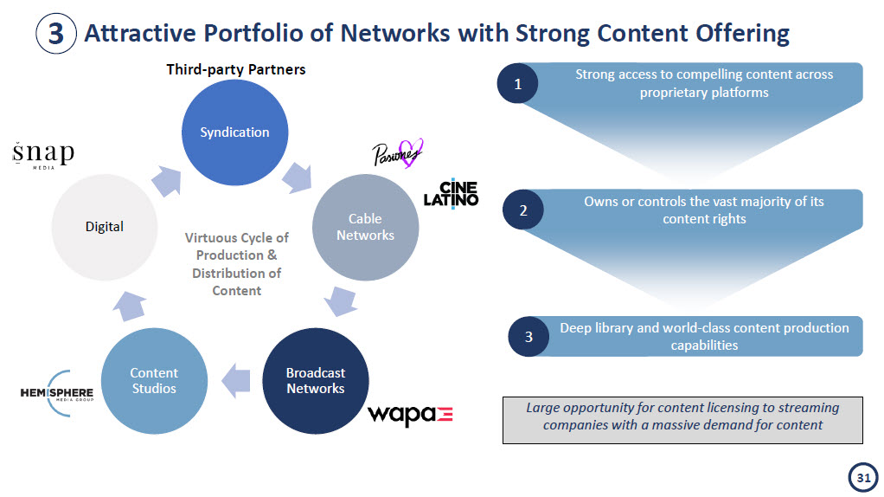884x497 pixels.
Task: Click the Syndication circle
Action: click(x=234, y=132)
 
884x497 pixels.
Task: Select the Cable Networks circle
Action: click(x=365, y=227)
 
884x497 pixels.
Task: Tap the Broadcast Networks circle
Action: click(x=315, y=381)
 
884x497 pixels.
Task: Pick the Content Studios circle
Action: click(x=154, y=381)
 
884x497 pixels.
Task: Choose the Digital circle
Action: click(x=104, y=227)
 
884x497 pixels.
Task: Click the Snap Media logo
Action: click(x=43, y=155)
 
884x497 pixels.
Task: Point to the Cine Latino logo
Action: click(x=451, y=194)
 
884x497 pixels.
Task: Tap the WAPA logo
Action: click(x=410, y=415)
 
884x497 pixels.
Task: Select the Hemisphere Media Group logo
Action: click(x=57, y=394)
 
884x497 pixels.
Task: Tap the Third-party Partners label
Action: click(x=235, y=69)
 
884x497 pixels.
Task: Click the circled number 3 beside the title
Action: click(x=55, y=34)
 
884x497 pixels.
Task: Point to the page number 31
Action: click(x=862, y=477)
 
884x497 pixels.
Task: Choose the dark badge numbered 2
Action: click(x=522, y=210)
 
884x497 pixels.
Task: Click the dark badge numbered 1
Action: click(x=517, y=84)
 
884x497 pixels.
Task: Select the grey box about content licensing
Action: click(x=682, y=419)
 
